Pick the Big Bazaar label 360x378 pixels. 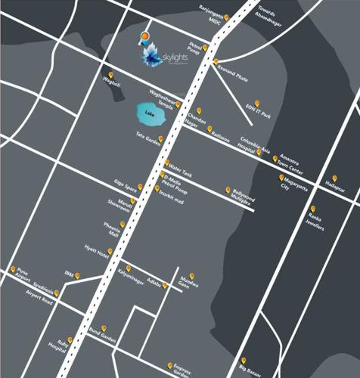[x=249, y=369]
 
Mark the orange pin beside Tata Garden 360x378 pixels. [x=161, y=138]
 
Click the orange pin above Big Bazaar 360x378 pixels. [x=244, y=359]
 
